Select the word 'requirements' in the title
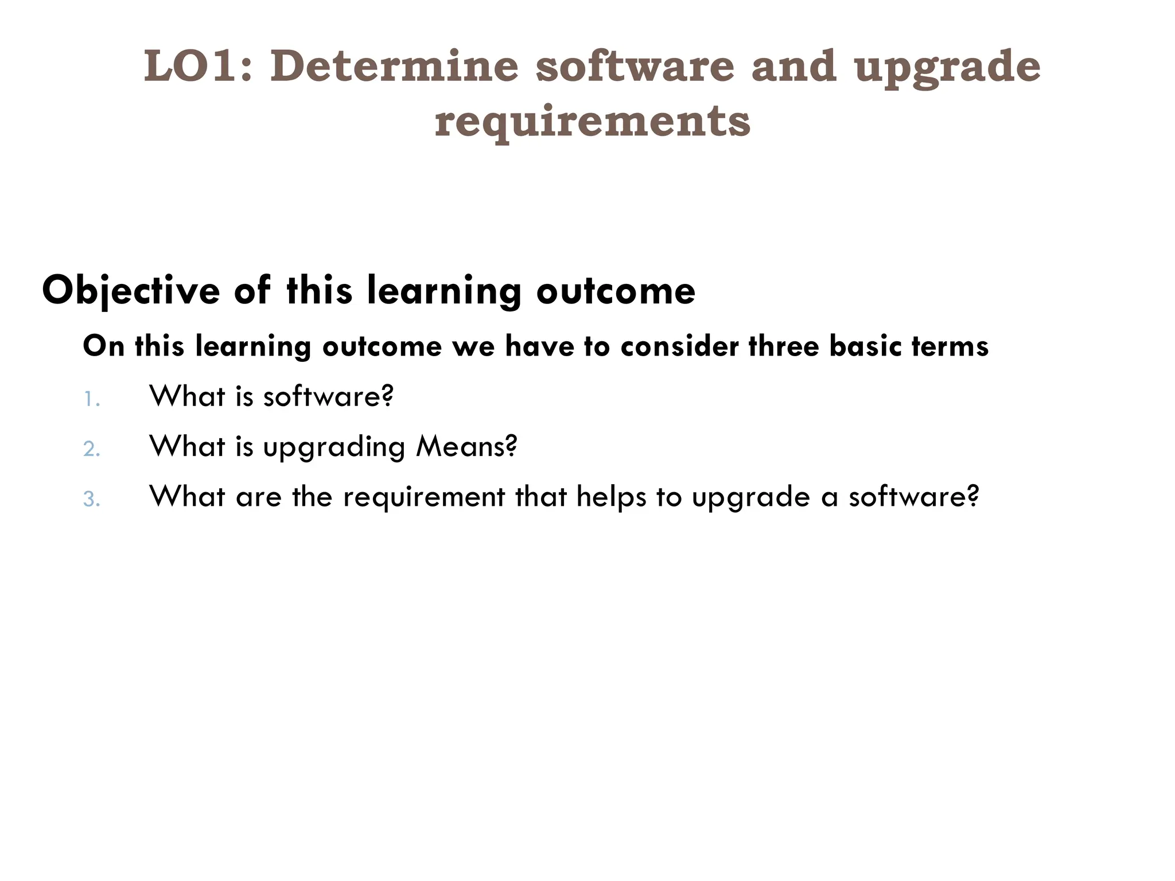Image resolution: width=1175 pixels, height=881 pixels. [592, 122]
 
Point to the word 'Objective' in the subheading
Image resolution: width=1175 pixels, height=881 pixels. [131, 291]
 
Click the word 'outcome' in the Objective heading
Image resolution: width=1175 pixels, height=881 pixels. [616, 291]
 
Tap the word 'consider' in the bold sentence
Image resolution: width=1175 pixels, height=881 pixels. [679, 346]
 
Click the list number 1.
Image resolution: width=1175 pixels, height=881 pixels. [91, 399]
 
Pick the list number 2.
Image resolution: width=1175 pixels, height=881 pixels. [91, 449]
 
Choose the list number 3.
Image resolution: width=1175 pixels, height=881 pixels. [91, 500]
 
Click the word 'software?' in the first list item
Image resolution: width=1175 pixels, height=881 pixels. [328, 396]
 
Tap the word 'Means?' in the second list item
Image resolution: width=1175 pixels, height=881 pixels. [466, 446]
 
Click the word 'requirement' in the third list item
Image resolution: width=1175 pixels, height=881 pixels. [424, 497]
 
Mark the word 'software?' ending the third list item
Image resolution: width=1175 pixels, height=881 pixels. [913, 497]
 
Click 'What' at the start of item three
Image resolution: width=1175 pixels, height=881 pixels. [187, 496]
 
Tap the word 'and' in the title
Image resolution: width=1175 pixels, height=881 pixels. [793, 67]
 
